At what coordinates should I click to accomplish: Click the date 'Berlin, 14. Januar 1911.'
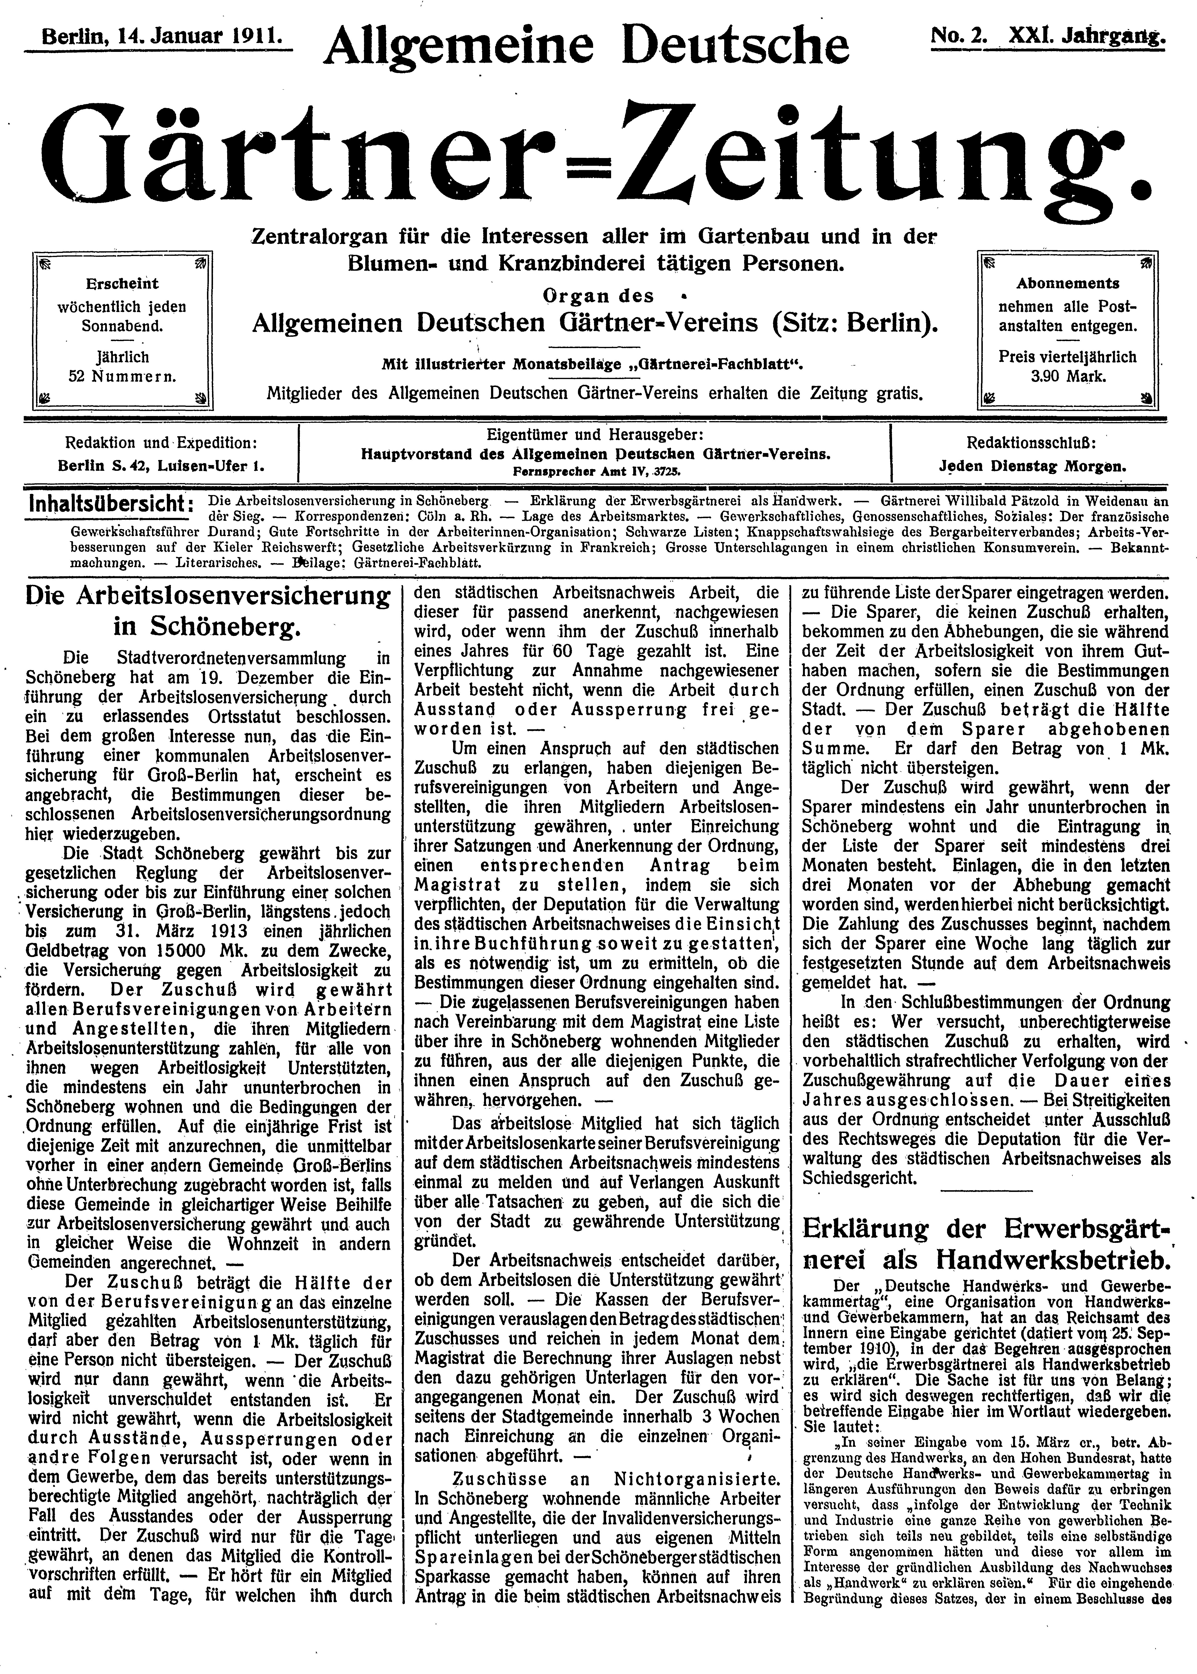point(158,36)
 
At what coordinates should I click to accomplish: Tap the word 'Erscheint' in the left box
point(122,284)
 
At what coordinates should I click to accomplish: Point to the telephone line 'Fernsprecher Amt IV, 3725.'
point(595,470)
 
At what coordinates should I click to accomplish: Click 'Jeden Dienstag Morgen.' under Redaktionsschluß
point(1032,466)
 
